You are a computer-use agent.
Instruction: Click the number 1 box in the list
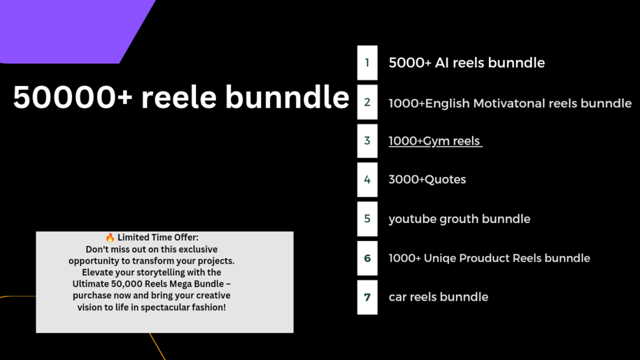pyautogui.click(x=367, y=62)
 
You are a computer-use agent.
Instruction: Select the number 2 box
pyautogui.click(x=367, y=102)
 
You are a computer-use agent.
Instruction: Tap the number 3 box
pyautogui.click(x=367, y=141)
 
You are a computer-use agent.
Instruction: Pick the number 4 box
pyautogui.click(x=367, y=180)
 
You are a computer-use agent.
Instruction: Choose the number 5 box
pyautogui.click(x=367, y=219)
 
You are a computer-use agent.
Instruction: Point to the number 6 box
pyautogui.click(x=367, y=258)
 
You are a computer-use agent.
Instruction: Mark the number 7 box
pyautogui.click(x=367, y=297)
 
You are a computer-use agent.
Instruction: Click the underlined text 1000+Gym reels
pyautogui.click(x=435, y=141)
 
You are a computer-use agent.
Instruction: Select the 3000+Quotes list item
pyautogui.click(x=427, y=180)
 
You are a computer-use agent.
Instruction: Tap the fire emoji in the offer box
pyautogui.click(x=110, y=238)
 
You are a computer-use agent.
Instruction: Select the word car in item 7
pyautogui.click(x=397, y=297)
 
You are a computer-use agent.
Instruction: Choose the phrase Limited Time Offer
pyautogui.click(x=157, y=238)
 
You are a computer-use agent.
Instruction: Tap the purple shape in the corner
pyautogui.click(x=70, y=29)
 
